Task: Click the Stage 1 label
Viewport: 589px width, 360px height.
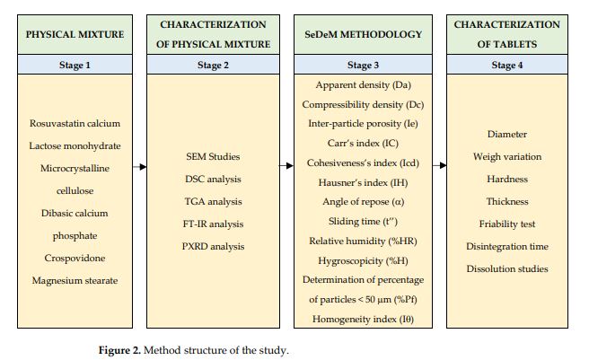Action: click(75, 65)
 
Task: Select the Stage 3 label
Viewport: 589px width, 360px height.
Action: click(363, 65)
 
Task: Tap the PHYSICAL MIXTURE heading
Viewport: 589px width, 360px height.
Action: click(75, 34)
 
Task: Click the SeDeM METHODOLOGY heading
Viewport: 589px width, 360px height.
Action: click(363, 34)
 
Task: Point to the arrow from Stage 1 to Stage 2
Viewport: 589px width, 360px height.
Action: click(140, 166)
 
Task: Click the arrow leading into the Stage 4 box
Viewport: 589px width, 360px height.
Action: click(439, 165)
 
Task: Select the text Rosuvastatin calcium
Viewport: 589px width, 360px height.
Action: click(75, 123)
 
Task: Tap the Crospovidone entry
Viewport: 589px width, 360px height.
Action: click(75, 259)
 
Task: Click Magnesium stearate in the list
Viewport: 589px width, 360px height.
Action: click(75, 281)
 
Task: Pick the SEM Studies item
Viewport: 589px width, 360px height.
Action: click(213, 156)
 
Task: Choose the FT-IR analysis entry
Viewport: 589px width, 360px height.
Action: click(213, 224)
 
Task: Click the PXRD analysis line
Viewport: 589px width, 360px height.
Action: click(213, 247)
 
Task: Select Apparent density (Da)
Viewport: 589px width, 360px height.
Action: click(363, 85)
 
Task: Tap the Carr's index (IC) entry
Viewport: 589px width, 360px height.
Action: click(363, 143)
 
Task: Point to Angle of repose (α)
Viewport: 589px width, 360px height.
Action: click(363, 202)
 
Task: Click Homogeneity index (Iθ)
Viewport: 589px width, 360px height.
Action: click(363, 319)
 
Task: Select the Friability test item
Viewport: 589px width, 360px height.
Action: click(507, 224)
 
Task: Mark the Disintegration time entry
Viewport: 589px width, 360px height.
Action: click(507, 247)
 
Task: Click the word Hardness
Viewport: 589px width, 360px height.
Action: click(507, 179)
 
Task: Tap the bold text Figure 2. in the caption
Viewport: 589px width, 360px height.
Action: click(119, 350)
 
